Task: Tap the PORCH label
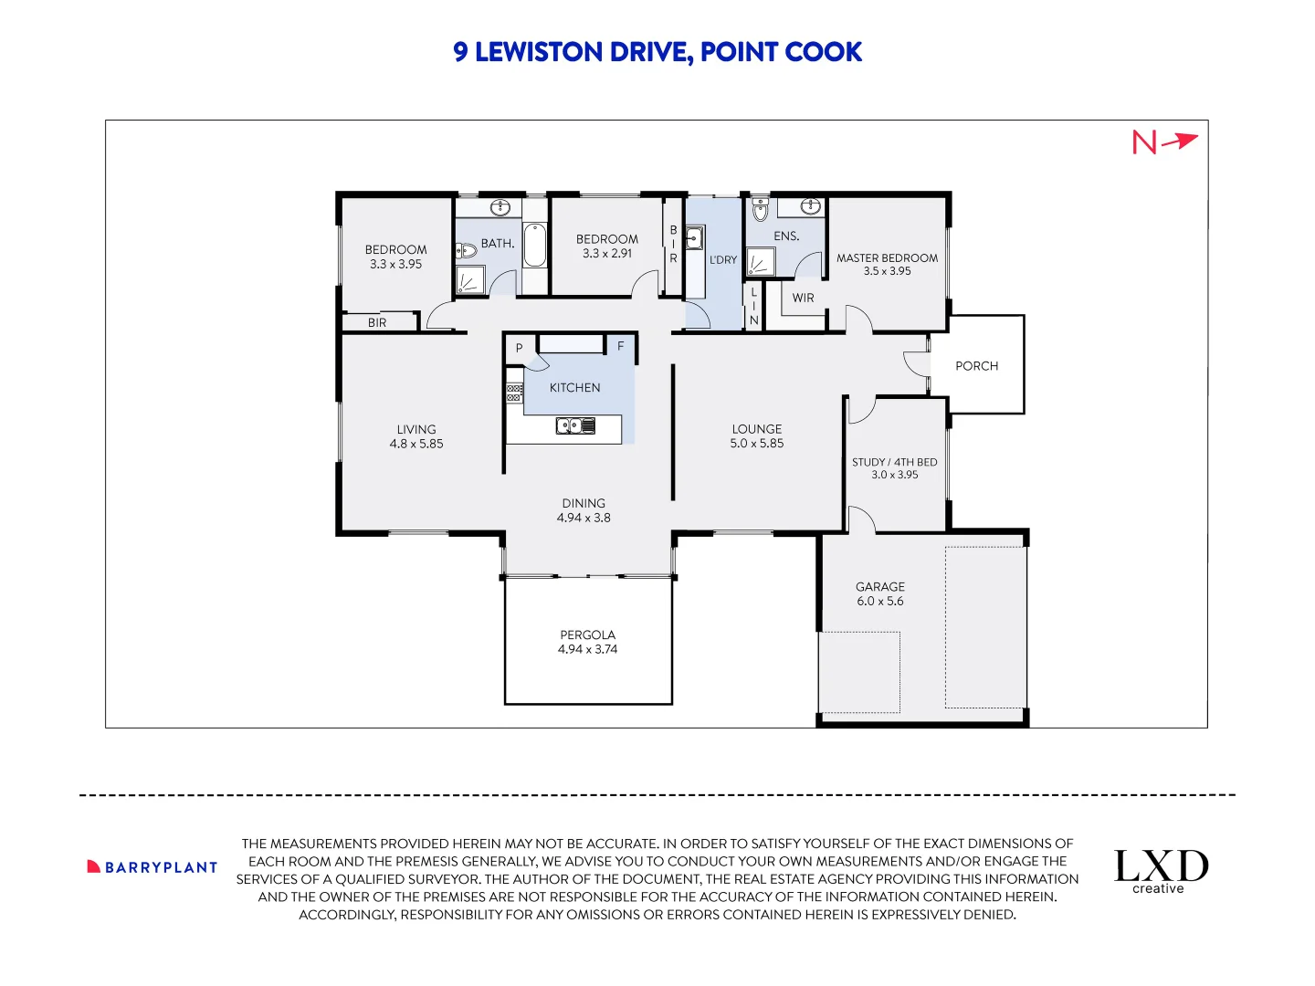[976, 366]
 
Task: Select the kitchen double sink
[575, 425]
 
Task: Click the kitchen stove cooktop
[514, 393]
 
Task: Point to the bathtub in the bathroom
[534, 245]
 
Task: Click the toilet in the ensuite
[760, 210]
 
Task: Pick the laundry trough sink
[694, 239]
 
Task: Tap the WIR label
[803, 299]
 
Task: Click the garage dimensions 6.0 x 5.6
[879, 602]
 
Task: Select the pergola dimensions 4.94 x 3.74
[587, 650]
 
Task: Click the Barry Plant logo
[153, 867]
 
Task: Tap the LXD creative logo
[1161, 871]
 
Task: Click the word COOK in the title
[823, 52]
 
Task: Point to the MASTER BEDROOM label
[887, 258]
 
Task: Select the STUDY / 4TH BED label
[894, 462]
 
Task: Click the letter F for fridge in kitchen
[621, 346]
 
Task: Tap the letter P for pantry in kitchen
[519, 348]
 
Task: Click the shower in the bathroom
[469, 280]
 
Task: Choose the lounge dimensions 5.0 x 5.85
[756, 444]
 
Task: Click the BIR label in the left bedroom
[377, 322]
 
